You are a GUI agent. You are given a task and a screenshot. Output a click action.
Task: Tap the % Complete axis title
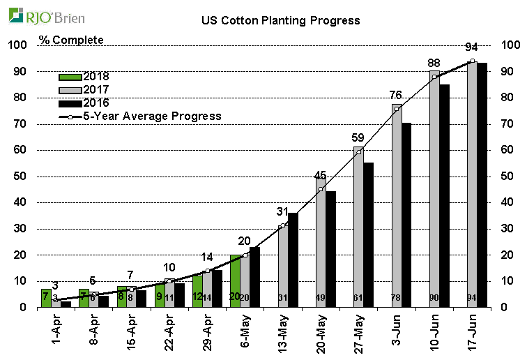(71, 40)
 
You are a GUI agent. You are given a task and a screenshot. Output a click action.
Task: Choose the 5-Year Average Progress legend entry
(139, 116)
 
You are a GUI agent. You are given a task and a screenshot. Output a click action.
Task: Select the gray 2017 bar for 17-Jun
(472, 185)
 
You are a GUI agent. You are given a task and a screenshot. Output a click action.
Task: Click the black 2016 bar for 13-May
(293, 260)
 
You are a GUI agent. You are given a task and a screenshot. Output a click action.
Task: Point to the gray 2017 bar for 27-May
(358, 227)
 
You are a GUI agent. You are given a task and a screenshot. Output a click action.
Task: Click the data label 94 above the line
(471, 47)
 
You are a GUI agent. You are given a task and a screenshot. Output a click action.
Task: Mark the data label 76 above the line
(396, 95)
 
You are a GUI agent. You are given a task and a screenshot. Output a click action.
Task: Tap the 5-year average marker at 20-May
(321, 189)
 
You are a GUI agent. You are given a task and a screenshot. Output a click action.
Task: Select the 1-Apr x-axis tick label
(49, 331)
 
